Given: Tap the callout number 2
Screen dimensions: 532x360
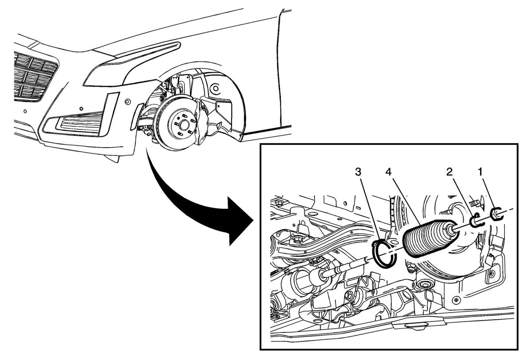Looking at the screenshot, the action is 449,172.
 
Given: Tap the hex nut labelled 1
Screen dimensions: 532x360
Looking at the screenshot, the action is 496,214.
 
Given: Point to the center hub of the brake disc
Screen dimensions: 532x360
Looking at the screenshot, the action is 183,125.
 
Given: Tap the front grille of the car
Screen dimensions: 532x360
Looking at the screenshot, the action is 33,76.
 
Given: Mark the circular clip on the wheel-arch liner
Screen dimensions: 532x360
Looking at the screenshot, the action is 215,89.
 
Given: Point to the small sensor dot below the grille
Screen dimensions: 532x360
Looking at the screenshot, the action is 25,111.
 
